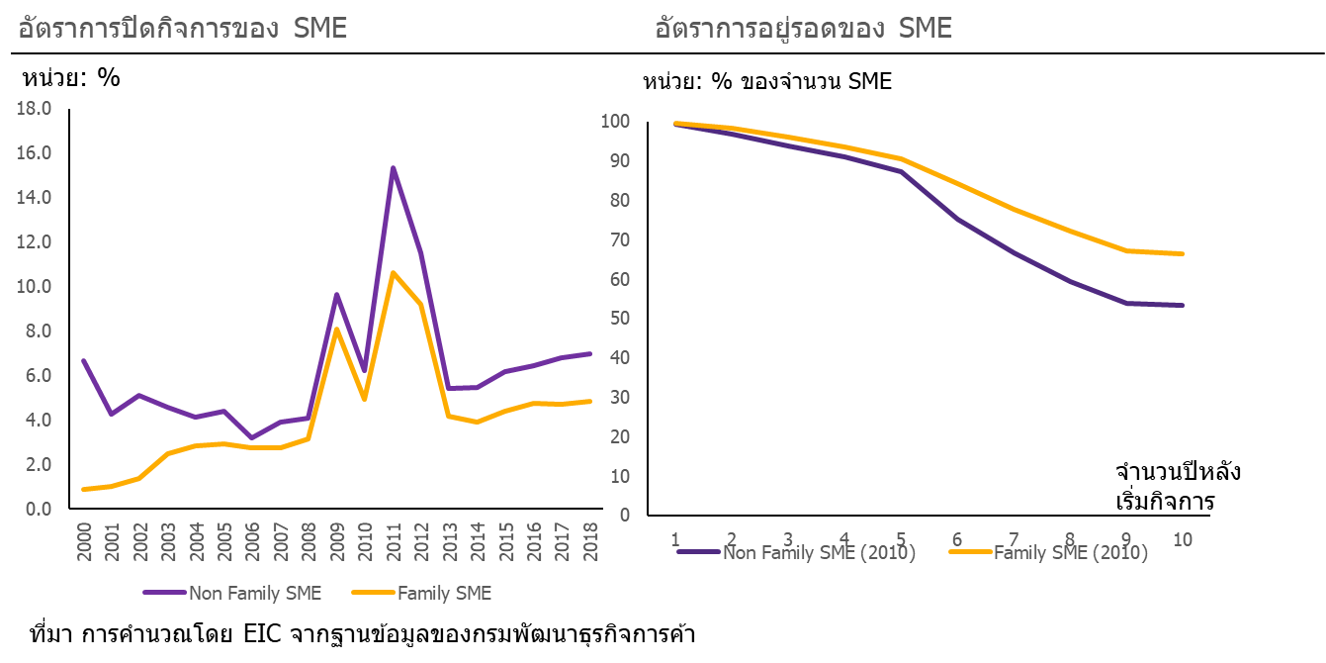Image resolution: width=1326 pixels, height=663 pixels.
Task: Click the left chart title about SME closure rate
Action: (x=183, y=29)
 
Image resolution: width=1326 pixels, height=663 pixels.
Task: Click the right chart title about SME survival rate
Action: (x=803, y=29)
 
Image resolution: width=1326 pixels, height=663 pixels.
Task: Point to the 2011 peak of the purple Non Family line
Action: (x=393, y=166)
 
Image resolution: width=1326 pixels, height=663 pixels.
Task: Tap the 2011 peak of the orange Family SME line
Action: (x=393, y=272)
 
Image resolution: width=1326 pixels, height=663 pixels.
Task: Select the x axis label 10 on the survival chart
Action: (x=1183, y=539)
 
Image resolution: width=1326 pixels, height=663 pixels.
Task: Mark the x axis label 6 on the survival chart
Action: (x=956, y=539)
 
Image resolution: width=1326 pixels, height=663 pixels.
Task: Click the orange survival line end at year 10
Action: (x=1183, y=253)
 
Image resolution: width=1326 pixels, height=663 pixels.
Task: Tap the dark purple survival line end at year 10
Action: (x=1183, y=305)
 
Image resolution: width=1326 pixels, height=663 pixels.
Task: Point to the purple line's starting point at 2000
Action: (x=84, y=360)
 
